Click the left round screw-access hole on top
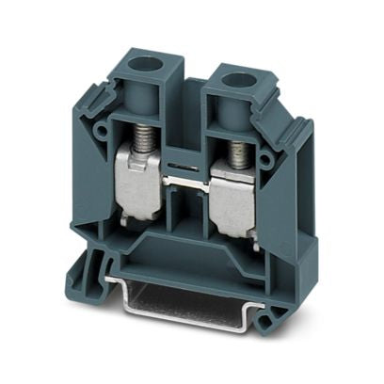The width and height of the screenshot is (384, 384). (x=148, y=70)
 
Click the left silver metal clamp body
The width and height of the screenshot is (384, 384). (x=139, y=188)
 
